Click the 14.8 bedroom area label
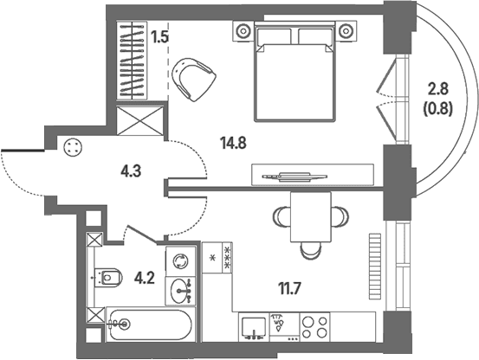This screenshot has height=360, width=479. click(x=233, y=143)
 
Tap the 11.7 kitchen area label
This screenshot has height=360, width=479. click(x=289, y=288)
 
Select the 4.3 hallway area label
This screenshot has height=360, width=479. click(x=131, y=171)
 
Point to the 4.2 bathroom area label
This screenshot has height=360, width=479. click(x=145, y=279)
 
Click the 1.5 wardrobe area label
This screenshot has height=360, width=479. click(x=160, y=37)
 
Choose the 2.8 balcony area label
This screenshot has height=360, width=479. click(x=437, y=89)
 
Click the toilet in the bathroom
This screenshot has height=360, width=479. click(x=107, y=278)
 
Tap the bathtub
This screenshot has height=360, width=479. click(x=151, y=325)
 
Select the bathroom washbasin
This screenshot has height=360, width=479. click(x=180, y=291)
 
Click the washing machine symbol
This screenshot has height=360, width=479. click(x=180, y=261)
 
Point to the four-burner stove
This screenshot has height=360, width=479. click(x=314, y=327)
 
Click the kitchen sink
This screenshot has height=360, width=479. click(x=254, y=328)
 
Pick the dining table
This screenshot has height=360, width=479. click(x=311, y=217)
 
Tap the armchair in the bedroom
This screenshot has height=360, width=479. click(x=194, y=80)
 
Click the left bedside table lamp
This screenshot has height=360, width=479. click(x=243, y=31)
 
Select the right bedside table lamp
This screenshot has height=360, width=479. click(x=346, y=31)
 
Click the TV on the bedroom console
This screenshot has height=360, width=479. click(x=295, y=177)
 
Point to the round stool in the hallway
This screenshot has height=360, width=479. click(x=73, y=147)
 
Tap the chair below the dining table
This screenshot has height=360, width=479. click(x=311, y=251)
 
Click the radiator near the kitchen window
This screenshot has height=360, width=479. click(x=375, y=267)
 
